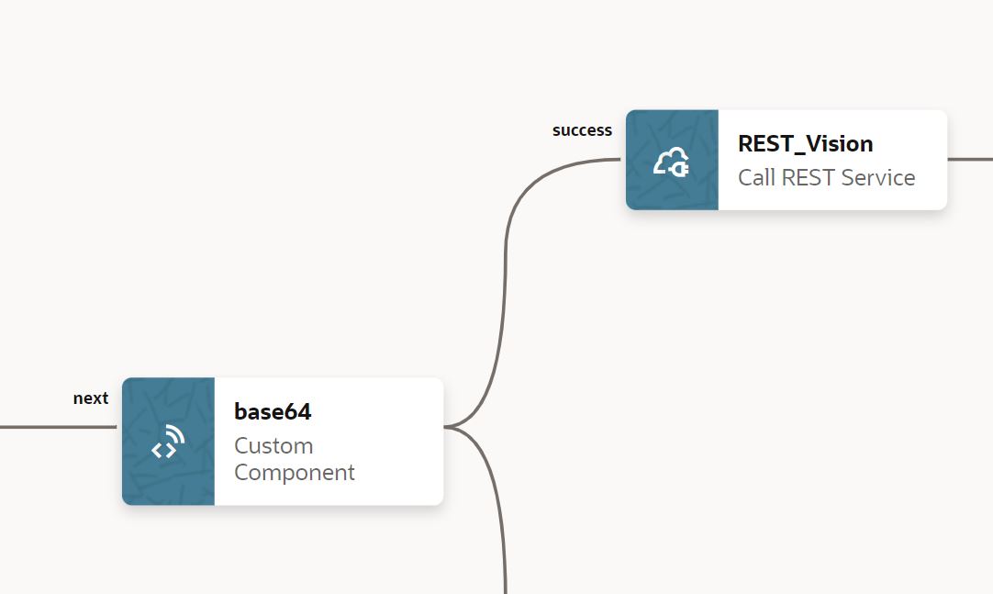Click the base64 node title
coord(273,412)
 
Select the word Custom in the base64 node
coord(273,445)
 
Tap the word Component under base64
coord(294,473)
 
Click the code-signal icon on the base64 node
coord(168,443)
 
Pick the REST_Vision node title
coord(805,143)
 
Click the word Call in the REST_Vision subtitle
coord(756,177)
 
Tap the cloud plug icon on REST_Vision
coord(671,162)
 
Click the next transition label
coord(91,398)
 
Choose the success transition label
coord(582,130)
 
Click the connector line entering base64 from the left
coord(55,427)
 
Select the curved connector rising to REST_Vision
coord(506,275)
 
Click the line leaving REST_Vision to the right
coord(970,159)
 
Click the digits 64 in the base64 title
coord(297,412)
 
